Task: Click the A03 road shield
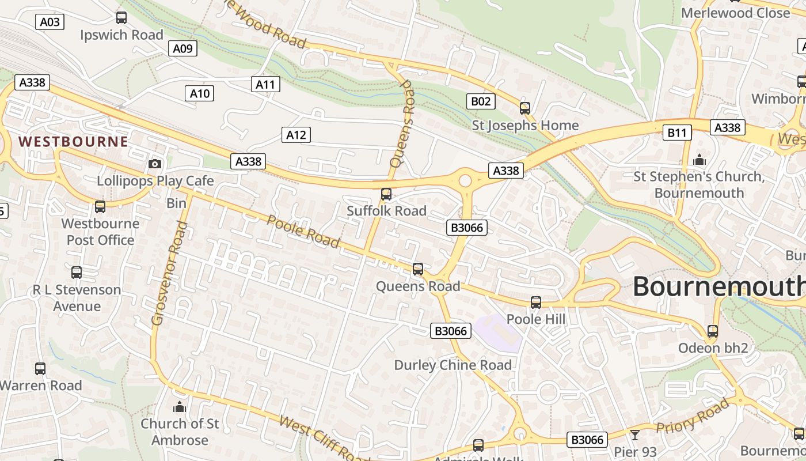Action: coord(50,22)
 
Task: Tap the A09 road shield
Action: coord(183,48)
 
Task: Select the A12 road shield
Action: coord(296,135)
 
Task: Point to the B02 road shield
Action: coord(480,102)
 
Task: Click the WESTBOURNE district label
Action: coord(73,142)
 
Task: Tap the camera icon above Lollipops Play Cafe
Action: coord(154,164)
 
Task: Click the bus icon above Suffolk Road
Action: coord(386,194)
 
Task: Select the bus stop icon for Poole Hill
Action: coord(536,302)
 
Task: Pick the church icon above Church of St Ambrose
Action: coord(180,407)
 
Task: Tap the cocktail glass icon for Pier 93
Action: coord(634,434)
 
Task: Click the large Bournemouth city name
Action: coord(718,286)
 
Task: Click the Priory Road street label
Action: coord(692,417)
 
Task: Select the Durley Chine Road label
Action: coord(453,365)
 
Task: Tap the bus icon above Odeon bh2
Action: coord(713,331)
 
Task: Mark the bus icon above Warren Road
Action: coord(40,369)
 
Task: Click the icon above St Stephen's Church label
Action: coord(699,160)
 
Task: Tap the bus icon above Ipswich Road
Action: coord(121,18)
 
